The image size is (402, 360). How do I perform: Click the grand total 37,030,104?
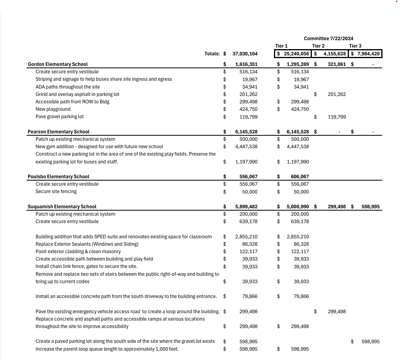click(x=245, y=54)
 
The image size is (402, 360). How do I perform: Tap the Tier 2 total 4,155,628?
click(x=334, y=54)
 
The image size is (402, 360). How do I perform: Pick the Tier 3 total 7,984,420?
click(x=368, y=54)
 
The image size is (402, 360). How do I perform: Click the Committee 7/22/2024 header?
click(x=328, y=38)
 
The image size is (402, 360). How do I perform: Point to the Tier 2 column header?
click(x=318, y=46)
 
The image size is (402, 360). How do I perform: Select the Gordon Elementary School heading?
click(x=58, y=64)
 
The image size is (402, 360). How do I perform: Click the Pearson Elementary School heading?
click(x=59, y=132)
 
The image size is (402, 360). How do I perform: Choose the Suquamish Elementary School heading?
click(x=62, y=207)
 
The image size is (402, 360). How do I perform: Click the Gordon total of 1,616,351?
click(x=246, y=64)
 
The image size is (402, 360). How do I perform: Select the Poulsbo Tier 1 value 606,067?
click(x=300, y=177)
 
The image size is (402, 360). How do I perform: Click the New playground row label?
click(x=53, y=109)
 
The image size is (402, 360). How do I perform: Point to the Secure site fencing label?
click(x=56, y=192)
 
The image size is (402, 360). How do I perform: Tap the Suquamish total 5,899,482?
click(x=246, y=207)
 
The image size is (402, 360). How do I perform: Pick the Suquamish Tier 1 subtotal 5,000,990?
click(x=297, y=207)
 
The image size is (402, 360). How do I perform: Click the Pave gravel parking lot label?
click(x=60, y=117)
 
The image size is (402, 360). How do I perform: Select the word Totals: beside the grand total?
click(x=212, y=54)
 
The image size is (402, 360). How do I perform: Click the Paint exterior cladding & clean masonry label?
click(x=78, y=252)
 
